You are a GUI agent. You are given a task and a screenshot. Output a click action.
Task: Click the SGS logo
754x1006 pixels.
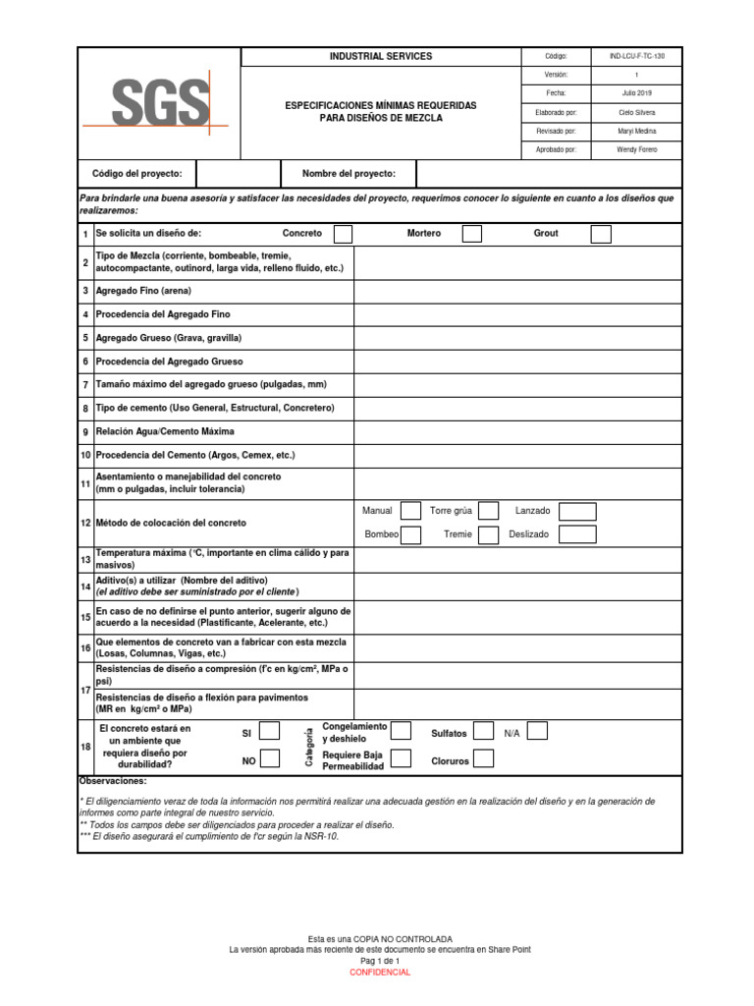(x=160, y=103)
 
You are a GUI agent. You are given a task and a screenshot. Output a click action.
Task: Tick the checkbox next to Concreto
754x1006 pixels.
(x=343, y=234)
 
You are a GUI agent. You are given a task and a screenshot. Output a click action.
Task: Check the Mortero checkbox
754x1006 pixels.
(x=471, y=234)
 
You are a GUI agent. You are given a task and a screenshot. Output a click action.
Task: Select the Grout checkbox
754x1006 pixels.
(x=601, y=234)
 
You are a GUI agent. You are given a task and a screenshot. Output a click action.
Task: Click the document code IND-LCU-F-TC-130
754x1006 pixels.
(x=636, y=57)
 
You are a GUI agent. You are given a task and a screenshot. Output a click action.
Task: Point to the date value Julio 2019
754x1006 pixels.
(x=636, y=93)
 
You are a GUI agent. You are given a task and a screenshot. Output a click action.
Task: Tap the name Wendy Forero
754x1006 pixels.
(x=636, y=149)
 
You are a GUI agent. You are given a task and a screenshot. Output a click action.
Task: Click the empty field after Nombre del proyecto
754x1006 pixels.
(x=549, y=174)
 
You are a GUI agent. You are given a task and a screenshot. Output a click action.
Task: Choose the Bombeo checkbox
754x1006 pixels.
(x=411, y=534)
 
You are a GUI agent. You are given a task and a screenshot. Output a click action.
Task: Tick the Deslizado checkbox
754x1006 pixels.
(x=577, y=534)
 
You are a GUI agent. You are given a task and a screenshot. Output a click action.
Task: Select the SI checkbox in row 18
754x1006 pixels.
(x=269, y=731)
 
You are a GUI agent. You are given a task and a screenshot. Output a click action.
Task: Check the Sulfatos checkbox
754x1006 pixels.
(x=483, y=731)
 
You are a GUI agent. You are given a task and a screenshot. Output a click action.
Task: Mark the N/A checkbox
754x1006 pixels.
(x=536, y=731)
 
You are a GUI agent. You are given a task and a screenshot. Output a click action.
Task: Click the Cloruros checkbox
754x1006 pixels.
(x=483, y=758)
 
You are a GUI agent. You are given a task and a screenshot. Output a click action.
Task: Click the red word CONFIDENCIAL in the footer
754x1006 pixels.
(x=380, y=973)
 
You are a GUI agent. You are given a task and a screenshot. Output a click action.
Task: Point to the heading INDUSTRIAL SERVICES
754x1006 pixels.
(x=380, y=57)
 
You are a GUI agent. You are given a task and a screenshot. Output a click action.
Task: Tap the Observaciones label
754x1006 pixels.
(x=113, y=780)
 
